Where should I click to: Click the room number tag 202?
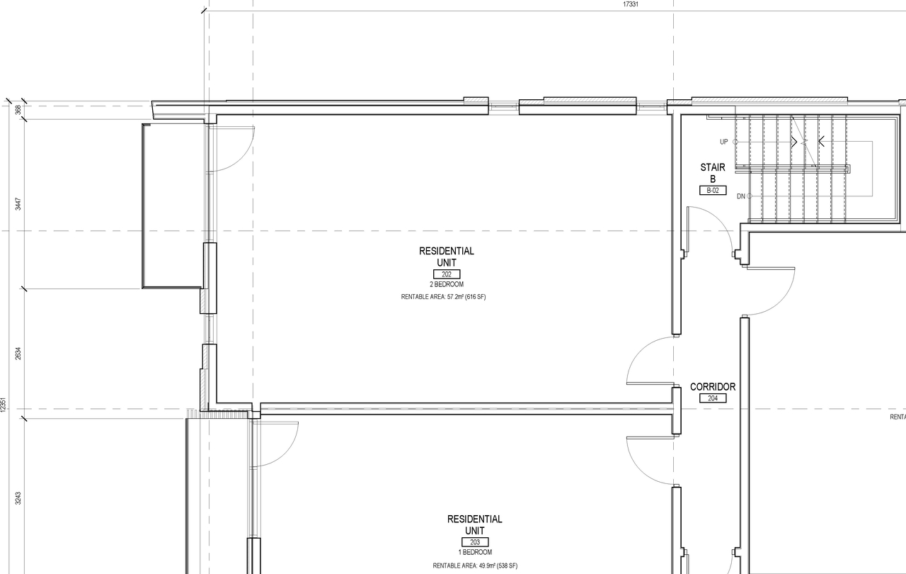pyautogui.click(x=446, y=274)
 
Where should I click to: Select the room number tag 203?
pyautogui.click(x=474, y=542)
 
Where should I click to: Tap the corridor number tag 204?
pyautogui.click(x=712, y=398)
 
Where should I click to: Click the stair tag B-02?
pyautogui.click(x=712, y=191)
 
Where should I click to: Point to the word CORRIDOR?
pyautogui.click(x=713, y=387)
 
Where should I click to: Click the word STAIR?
pyautogui.click(x=713, y=168)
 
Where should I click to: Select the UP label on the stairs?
pyautogui.click(x=723, y=142)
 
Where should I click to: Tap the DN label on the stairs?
pyautogui.click(x=740, y=196)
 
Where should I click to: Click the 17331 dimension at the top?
pyautogui.click(x=631, y=4)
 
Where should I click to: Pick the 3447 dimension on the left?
pyautogui.click(x=18, y=204)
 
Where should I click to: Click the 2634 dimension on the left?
pyautogui.click(x=18, y=353)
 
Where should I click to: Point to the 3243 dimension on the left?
pyautogui.click(x=18, y=497)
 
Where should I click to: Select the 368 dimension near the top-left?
pyautogui.click(x=18, y=109)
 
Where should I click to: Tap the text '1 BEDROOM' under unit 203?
pyautogui.click(x=474, y=552)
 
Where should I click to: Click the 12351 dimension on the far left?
pyautogui.click(x=4, y=404)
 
